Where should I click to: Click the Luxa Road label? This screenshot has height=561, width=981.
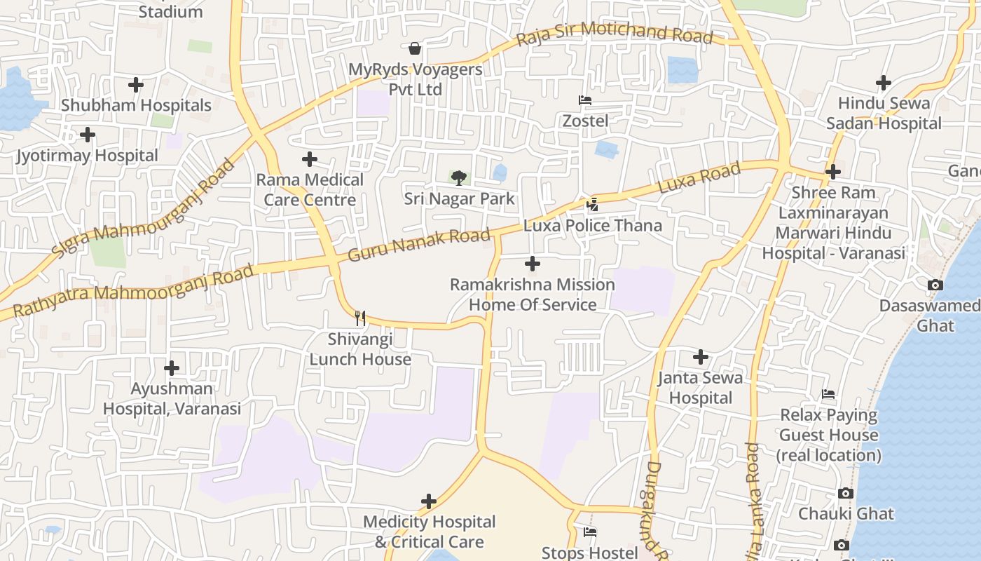699,178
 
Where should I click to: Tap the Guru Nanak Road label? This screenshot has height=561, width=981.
418,244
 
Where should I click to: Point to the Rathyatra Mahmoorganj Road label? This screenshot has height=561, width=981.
133,290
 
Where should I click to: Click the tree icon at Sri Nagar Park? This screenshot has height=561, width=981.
459,177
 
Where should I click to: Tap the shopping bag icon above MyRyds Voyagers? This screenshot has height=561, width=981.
415,48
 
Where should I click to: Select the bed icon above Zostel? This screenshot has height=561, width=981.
585,100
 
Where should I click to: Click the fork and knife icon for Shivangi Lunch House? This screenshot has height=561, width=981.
360,318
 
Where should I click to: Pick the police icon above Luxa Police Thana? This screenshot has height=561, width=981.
593,205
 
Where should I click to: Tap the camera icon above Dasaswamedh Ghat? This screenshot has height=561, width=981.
935,285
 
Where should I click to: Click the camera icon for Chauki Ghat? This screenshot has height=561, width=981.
846,493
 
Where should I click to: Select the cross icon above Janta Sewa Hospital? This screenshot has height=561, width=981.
700,357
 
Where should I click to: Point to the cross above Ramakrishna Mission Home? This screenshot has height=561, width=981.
533,264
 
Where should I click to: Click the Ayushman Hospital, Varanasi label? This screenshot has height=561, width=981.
172,398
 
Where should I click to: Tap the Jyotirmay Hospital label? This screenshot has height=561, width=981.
88,155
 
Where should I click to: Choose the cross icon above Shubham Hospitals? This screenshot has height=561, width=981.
136,85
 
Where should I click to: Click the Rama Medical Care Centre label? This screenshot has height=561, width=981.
310,189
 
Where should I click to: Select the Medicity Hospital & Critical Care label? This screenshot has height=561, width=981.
429,532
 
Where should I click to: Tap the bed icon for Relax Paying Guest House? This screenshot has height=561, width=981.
828,394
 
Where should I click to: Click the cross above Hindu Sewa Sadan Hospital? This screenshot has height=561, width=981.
884,83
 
